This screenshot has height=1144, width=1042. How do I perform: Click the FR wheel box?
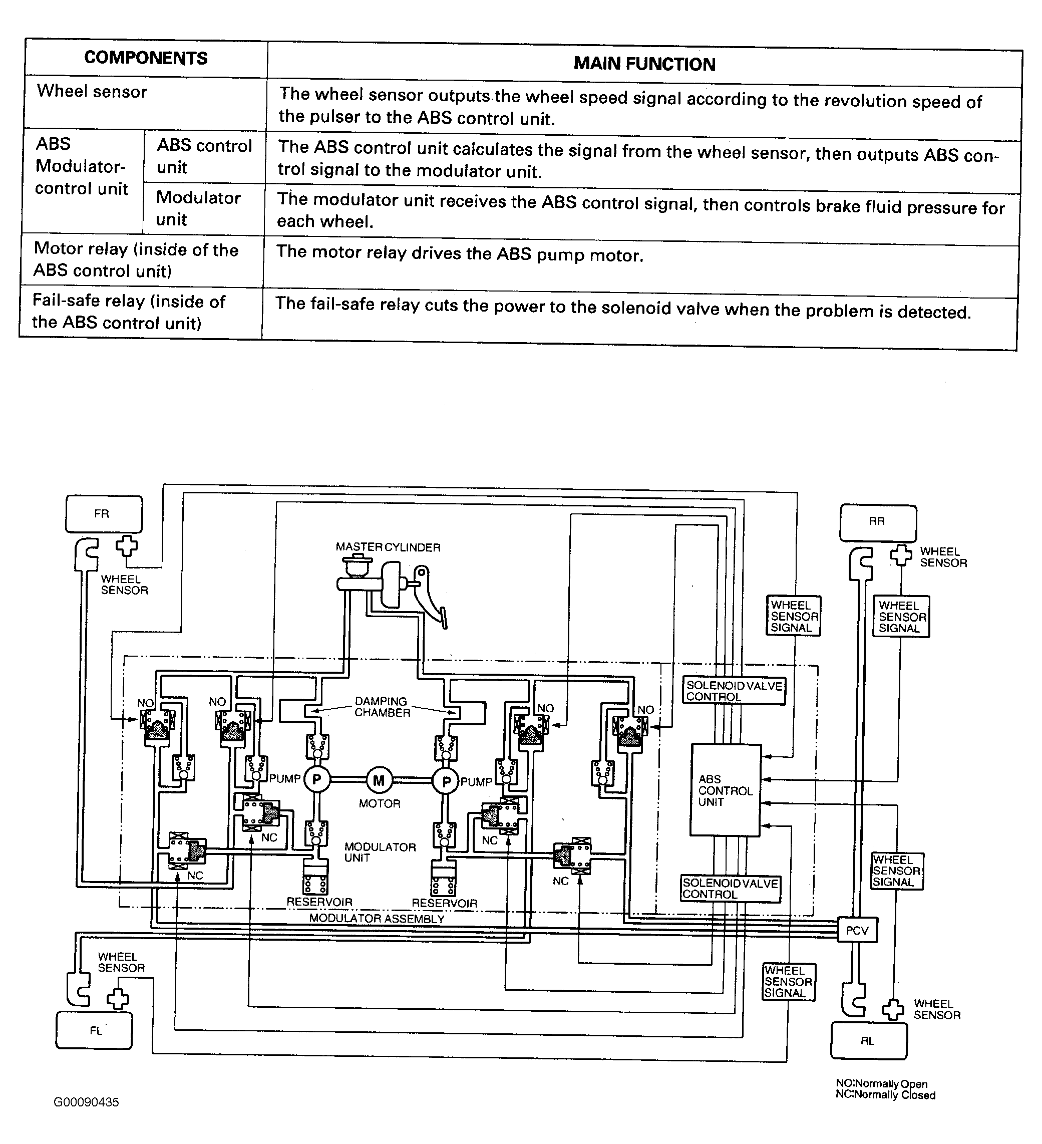(104, 514)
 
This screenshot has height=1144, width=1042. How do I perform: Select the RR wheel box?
(877, 522)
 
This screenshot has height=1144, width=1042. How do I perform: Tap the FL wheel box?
(94, 1030)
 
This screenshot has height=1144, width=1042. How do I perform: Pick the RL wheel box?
(868, 1041)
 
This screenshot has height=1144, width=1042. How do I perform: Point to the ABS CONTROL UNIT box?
(725, 790)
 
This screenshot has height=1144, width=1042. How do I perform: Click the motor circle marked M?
(379, 781)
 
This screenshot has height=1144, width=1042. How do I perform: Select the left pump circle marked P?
(317, 780)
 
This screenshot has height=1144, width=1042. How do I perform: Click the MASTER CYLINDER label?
(388, 547)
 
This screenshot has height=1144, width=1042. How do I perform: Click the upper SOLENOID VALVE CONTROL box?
(734, 691)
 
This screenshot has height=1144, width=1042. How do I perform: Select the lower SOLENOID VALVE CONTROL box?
(730, 889)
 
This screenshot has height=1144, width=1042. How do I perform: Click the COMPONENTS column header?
(146, 58)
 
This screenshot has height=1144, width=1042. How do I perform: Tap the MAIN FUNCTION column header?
(644, 64)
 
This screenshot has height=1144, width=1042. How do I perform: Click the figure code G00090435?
(86, 1102)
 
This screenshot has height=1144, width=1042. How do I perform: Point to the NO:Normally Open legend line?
(881, 1084)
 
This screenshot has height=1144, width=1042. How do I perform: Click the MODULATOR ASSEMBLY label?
(377, 919)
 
